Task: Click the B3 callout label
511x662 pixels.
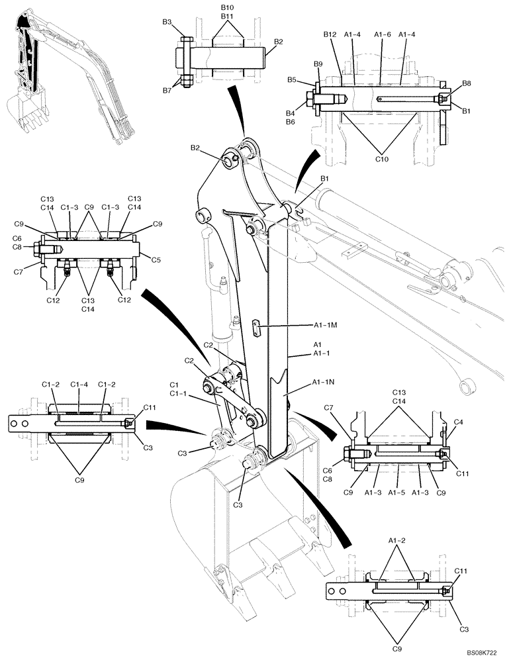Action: [x=167, y=23]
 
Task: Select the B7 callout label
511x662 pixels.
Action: [x=167, y=90]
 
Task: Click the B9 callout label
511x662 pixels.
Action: [x=318, y=64]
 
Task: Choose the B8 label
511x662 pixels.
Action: [x=467, y=84]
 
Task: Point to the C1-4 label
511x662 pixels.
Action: [x=79, y=383]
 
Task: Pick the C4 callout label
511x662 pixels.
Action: [x=458, y=421]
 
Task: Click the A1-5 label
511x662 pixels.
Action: [x=396, y=493]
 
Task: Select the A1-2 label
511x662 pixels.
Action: [x=397, y=540]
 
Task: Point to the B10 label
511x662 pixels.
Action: [x=227, y=7]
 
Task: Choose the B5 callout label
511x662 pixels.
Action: [x=309, y=80]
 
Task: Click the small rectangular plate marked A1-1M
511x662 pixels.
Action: [x=257, y=328]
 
